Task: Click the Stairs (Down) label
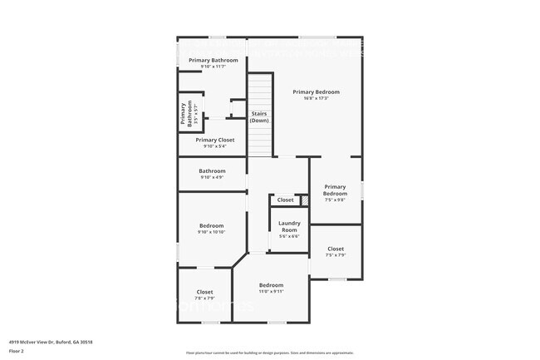point(259,116)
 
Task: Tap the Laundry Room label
point(289,226)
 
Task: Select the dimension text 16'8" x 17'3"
point(316,98)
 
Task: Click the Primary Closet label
point(215,140)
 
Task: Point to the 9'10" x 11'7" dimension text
point(214,67)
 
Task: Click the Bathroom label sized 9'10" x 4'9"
point(212,170)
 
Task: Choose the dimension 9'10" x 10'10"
point(211,232)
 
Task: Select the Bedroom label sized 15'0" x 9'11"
point(271,284)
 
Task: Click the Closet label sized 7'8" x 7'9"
point(204,292)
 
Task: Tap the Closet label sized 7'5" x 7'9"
point(336,249)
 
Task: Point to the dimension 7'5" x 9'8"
point(335,200)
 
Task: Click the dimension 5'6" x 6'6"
point(289,236)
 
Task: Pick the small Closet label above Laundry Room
point(285,200)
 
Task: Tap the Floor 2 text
point(17,352)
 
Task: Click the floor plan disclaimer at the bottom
point(269,353)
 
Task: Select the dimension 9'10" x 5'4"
point(215,146)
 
